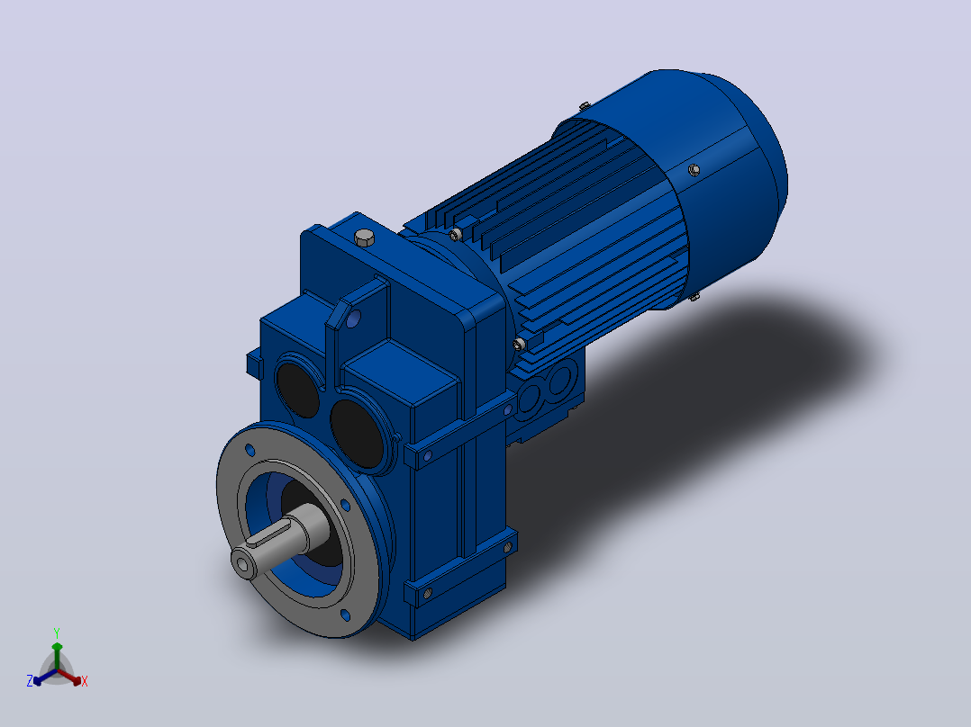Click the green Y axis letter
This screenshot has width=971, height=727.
[x=57, y=633]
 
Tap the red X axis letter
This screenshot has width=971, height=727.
[x=85, y=681]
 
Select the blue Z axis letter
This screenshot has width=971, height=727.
[x=30, y=681]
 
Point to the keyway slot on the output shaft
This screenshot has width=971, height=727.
[x=270, y=536]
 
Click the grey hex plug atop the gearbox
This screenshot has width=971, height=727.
[x=365, y=237]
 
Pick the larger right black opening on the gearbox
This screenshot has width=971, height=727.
[x=358, y=433]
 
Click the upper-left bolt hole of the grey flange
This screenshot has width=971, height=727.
[x=250, y=450]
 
